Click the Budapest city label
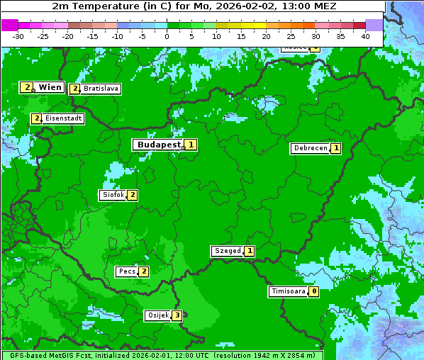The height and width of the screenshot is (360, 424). tap(159, 145)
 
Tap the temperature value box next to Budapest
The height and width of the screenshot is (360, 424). tap(191, 145)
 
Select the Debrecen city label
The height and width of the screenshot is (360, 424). tap(310, 149)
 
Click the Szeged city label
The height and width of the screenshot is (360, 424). tap(228, 251)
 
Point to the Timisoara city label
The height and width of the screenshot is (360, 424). tap(289, 291)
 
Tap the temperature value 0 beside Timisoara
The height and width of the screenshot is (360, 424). tap(313, 291)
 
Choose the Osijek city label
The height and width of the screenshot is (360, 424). tap(157, 315)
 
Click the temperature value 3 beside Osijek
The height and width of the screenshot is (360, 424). tap(177, 315)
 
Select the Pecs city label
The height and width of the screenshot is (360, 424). tap(127, 271)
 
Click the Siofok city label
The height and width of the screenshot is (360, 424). tap(113, 195)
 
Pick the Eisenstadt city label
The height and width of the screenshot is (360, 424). tap(63, 118)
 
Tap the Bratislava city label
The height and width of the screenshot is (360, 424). tap(100, 89)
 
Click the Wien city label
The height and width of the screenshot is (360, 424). tap(50, 87)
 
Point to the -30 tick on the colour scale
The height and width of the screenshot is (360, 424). tap(18, 36)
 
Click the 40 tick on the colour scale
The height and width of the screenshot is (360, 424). tap(365, 36)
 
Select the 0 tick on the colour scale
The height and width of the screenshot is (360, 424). tap(167, 36)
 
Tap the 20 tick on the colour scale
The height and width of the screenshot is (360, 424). tap(266, 36)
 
